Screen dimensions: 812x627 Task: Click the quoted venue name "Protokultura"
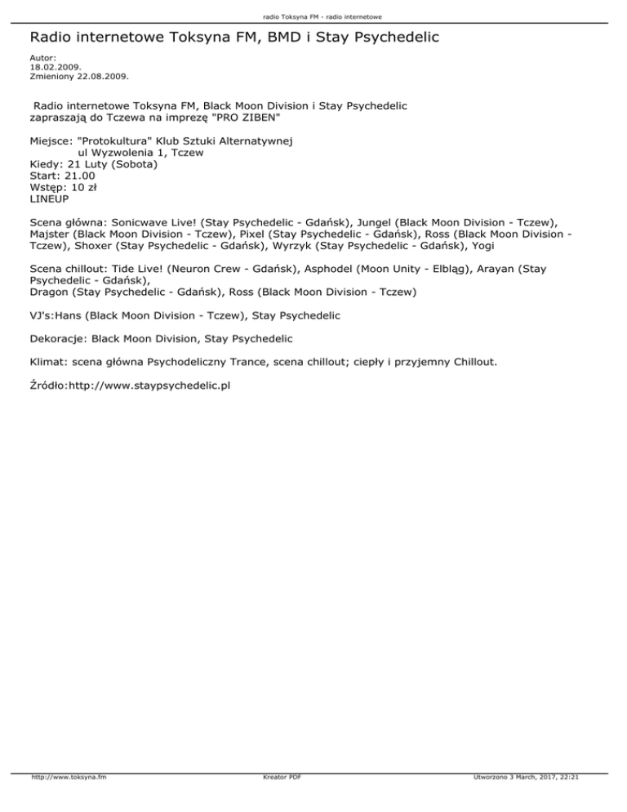coord(115,141)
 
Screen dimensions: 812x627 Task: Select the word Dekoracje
coord(57,337)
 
